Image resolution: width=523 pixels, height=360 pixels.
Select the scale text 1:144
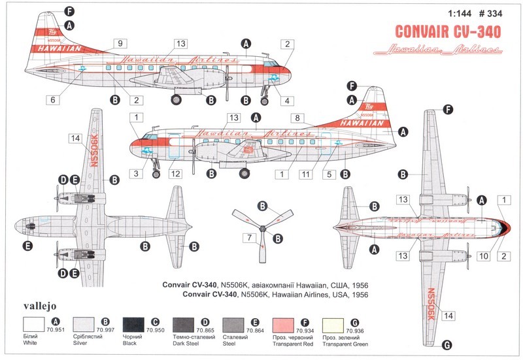pos(454,12)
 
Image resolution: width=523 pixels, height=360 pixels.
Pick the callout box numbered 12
pos(175,173)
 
